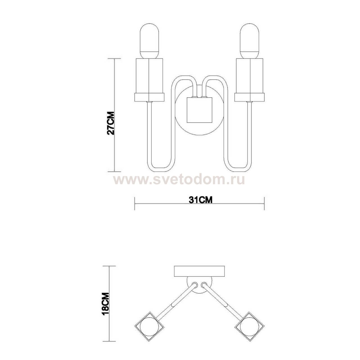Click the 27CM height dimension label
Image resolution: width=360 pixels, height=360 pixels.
pyautogui.click(x=111, y=123)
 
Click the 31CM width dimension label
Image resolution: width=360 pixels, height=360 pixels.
pyautogui.click(x=200, y=199)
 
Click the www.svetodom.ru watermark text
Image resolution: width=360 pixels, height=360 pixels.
pyautogui.click(x=179, y=179)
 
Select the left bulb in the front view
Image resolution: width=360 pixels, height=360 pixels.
pyautogui.click(x=149, y=41)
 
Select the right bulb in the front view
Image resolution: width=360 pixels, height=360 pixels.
pyautogui.click(x=249, y=41)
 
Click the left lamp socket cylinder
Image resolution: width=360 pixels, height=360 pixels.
pyautogui.click(x=149, y=76)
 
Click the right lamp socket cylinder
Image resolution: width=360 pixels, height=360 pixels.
pyautogui.click(x=249, y=76)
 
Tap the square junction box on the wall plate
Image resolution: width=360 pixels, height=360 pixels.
pyautogui.click(x=200, y=110)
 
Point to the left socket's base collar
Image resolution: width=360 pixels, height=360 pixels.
pyautogui.click(x=149, y=97)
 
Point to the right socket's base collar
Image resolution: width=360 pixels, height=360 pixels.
pyautogui.click(x=249, y=97)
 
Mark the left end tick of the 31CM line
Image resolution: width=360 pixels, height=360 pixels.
pyautogui.click(x=135, y=203)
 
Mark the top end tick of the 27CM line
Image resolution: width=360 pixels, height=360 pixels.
pyautogui.click(x=114, y=59)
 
